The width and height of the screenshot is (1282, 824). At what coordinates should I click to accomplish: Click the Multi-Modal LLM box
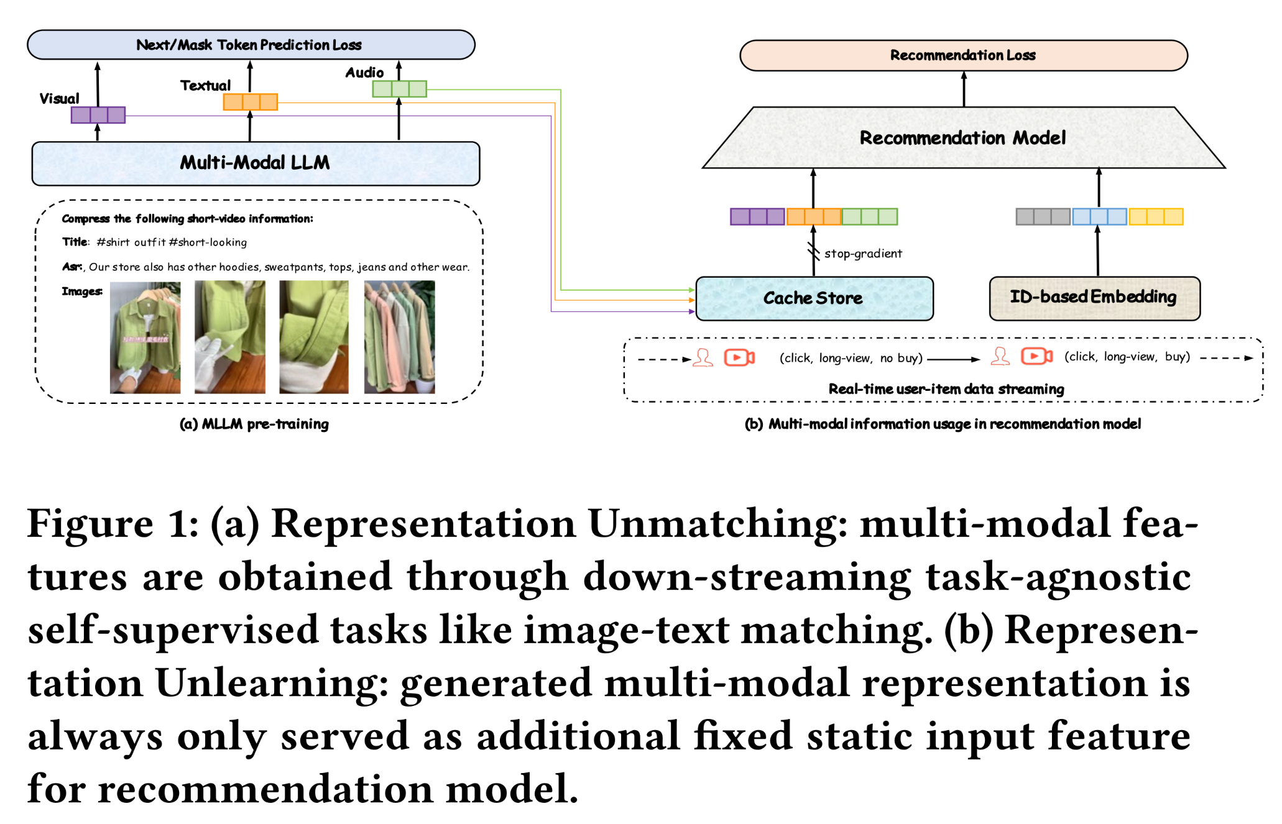tap(255, 163)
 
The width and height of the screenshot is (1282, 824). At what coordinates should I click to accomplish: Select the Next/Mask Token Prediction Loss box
tap(250, 45)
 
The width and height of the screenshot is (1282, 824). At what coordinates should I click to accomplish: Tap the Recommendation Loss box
tap(963, 55)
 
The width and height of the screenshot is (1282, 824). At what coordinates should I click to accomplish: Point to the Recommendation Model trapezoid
tap(962, 138)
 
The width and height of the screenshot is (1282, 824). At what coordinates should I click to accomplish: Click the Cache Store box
tap(813, 298)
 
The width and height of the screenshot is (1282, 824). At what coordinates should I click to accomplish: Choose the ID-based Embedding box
tap(1094, 298)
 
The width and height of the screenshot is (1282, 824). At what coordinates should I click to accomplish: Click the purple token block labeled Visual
tap(98, 115)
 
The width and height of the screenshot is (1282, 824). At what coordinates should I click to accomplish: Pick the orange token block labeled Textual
tap(250, 102)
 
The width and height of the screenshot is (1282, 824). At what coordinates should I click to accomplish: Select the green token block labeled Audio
tap(399, 89)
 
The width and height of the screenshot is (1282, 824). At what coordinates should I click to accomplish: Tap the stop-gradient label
tap(863, 254)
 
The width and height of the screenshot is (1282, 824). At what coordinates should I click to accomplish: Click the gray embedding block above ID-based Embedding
tap(1043, 217)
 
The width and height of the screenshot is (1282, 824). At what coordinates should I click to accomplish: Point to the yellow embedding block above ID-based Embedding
tap(1156, 217)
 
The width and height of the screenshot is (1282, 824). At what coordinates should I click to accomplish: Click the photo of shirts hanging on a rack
tap(399, 337)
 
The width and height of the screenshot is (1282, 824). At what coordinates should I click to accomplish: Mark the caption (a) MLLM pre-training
tap(254, 424)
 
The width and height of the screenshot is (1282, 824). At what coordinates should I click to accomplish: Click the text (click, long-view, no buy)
tap(851, 358)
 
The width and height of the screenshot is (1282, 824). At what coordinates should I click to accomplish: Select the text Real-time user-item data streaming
tap(946, 389)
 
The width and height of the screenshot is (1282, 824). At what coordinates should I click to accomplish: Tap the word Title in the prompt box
tap(75, 242)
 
